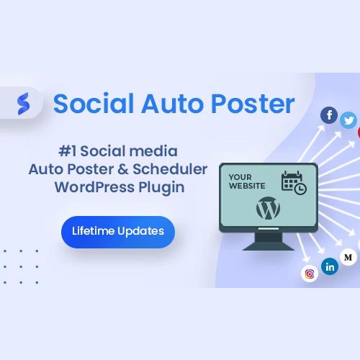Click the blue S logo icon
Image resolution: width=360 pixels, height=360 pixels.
24,104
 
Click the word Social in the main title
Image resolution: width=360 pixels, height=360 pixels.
94,104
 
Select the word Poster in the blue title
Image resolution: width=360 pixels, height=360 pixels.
253,104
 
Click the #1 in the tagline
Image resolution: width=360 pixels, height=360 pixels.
68,151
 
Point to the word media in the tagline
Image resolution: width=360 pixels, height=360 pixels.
153,151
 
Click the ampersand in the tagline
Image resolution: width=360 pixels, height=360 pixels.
123,169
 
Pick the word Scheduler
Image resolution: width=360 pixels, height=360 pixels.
170,169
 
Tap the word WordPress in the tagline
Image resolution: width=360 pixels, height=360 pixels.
94,187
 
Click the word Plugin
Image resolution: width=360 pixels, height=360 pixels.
161,188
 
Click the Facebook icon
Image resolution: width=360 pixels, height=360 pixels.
329,115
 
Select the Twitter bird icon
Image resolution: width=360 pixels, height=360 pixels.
348,120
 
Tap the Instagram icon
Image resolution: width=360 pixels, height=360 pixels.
310,274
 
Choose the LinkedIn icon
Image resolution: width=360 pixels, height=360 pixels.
330,266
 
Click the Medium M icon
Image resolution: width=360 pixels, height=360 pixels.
348,257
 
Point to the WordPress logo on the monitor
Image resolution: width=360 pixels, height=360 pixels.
268,208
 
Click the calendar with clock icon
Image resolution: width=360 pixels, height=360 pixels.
294,182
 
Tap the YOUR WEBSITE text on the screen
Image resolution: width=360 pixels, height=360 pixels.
247,181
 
